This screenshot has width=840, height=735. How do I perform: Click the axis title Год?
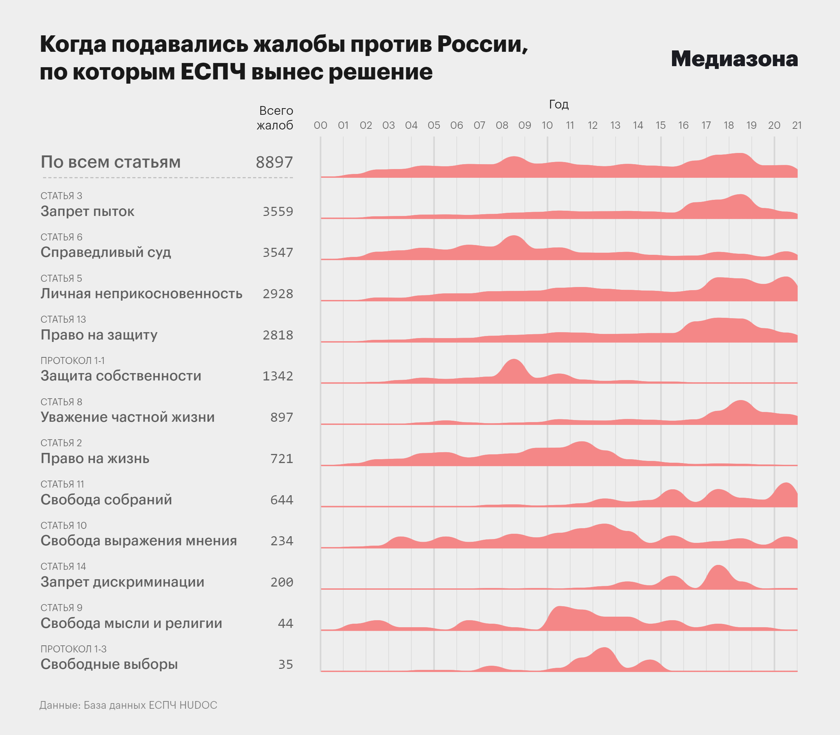click(x=559, y=105)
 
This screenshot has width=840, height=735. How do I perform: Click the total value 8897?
click(x=274, y=162)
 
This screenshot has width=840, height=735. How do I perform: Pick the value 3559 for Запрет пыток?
click(x=278, y=212)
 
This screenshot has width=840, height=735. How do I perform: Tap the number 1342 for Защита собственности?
click(x=278, y=376)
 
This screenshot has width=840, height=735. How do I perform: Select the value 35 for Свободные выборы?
click(x=286, y=664)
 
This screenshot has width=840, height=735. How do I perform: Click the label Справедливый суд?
click(x=105, y=252)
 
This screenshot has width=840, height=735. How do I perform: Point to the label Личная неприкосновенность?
click(x=141, y=294)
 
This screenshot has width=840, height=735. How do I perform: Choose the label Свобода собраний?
click(x=106, y=499)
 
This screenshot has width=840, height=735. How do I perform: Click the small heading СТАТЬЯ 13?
click(x=63, y=320)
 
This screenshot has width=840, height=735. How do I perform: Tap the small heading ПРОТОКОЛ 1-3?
click(x=73, y=649)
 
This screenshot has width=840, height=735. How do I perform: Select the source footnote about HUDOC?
click(x=128, y=705)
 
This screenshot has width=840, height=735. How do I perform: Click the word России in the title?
click(x=482, y=44)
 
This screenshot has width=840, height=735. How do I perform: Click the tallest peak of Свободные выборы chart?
click(x=604, y=648)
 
